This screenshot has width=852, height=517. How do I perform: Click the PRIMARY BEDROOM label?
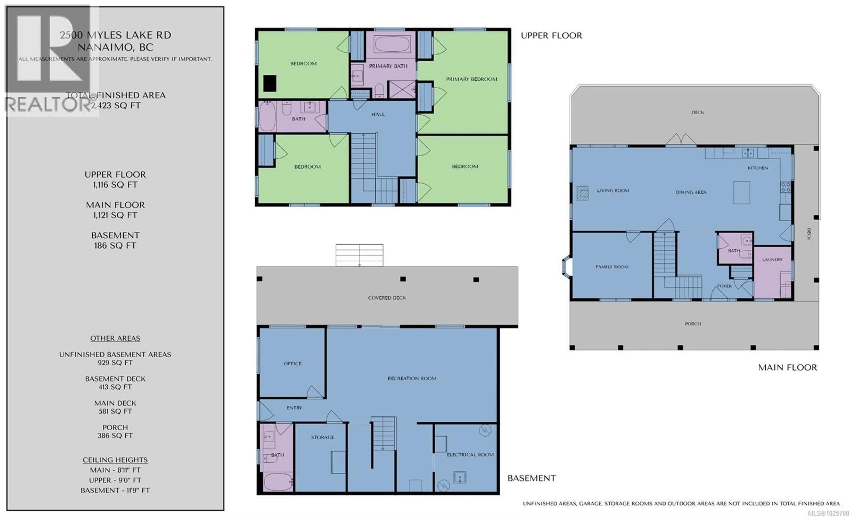tap(471, 79)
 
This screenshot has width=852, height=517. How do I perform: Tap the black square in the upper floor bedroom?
tap(270, 84)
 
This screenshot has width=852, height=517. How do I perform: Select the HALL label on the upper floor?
tap(378, 114)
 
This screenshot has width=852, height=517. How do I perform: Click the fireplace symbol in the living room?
tap(582, 193)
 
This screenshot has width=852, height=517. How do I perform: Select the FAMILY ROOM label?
tap(612, 267)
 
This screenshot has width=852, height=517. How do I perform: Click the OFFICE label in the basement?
tap(292, 363)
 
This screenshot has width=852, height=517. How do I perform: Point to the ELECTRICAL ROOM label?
tap(470, 455)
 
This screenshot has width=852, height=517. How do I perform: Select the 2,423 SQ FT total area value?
tap(116, 105)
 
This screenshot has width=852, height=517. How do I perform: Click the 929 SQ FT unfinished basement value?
tap(115, 363)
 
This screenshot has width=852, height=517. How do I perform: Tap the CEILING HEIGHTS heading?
tap(115, 460)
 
